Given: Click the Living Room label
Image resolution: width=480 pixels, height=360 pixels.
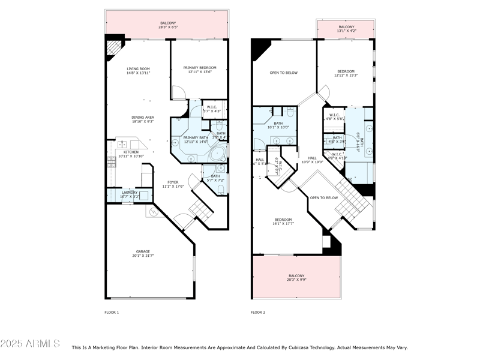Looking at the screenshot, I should [138, 69].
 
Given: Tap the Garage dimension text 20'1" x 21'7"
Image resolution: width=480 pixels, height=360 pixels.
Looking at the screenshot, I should [143, 256].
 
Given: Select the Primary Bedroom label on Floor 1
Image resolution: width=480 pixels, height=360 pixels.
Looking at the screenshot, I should [199, 68].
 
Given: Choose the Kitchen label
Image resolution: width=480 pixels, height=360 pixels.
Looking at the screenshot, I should [131, 152].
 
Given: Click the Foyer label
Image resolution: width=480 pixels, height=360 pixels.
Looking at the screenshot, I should [173, 182].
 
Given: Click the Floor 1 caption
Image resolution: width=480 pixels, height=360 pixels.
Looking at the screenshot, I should [112, 313].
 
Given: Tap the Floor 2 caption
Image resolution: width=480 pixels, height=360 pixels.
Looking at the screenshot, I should [258, 313].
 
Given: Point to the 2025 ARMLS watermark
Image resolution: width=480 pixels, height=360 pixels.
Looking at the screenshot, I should [30, 344].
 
